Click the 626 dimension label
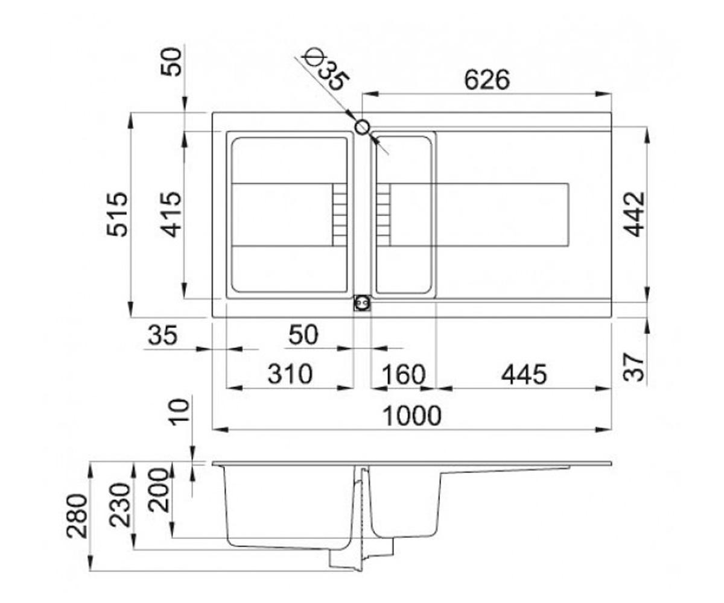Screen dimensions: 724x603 tap(487, 80)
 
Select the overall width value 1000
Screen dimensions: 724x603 tap(412, 416)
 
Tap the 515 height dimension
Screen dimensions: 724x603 tap(117, 214)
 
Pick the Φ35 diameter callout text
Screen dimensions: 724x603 tap(325, 71)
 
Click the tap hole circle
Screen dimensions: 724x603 tap(361, 127)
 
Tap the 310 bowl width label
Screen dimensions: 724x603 tap(290, 374)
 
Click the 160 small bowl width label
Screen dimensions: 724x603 tap(403, 374)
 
